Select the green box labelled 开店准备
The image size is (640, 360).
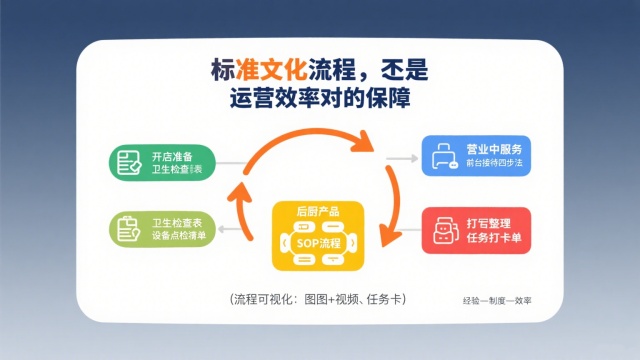tap(161, 161)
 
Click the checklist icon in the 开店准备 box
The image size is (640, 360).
tap(128, 162)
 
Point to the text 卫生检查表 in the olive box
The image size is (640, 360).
tap(176, 221)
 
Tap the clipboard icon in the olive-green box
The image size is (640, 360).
tap(128, 228)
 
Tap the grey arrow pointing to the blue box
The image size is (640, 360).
tap(401, 158)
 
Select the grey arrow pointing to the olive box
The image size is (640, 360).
tap(233, 230)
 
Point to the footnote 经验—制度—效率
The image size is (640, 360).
tap(497, 300)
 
